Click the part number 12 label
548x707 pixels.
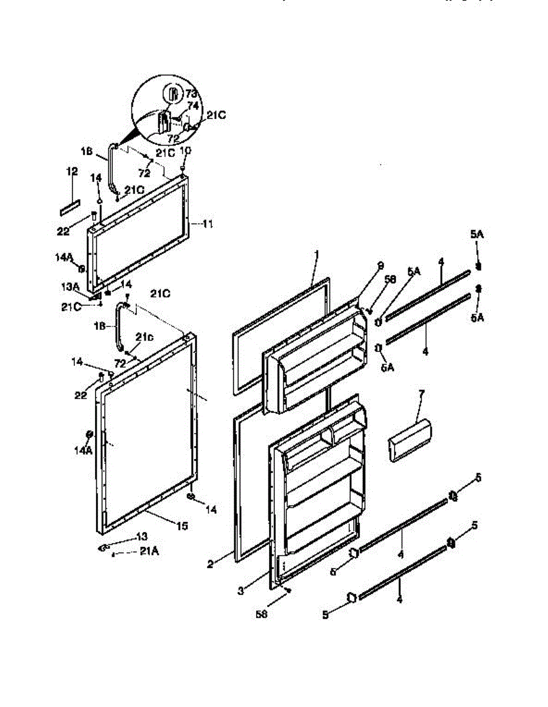click(x=72, y=171)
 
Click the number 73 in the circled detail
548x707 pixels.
click(x=191, y=94)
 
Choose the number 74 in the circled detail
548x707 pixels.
click(x=192, y=106)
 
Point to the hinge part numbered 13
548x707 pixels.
click(x=105, y=548)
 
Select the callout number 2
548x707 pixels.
click(x=209, y=564)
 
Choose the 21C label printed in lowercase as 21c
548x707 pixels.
click(x=144, y=336)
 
